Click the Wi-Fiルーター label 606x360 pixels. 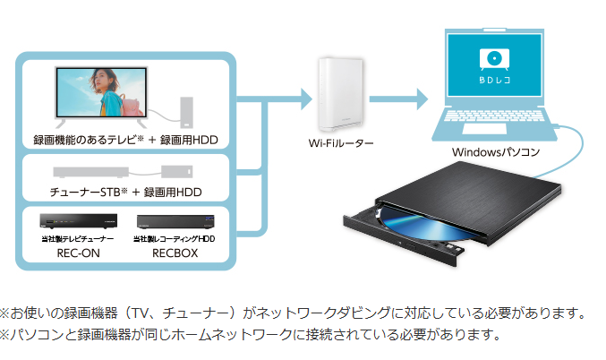pyautogui.click(x=340, y=142)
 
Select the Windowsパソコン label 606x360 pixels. pyautogui.click(x=496, y=152)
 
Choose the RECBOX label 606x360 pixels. pyautogui.click(x=175, y=253)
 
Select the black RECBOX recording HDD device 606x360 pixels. pyautogui.click(x=175, y=221)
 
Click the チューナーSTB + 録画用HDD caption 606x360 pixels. pyautogui.click(x=126, y=192)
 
